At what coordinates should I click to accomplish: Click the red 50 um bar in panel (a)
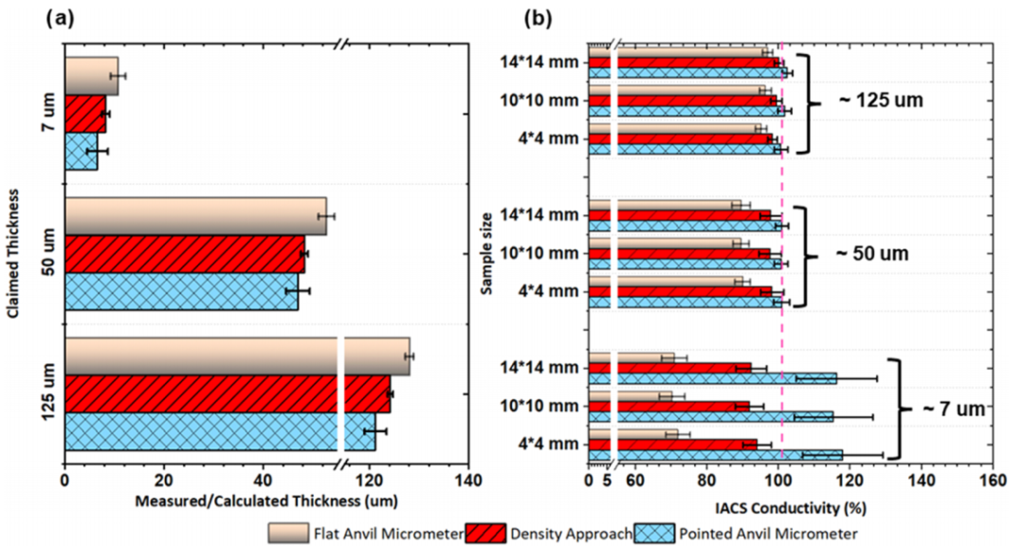185,253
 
